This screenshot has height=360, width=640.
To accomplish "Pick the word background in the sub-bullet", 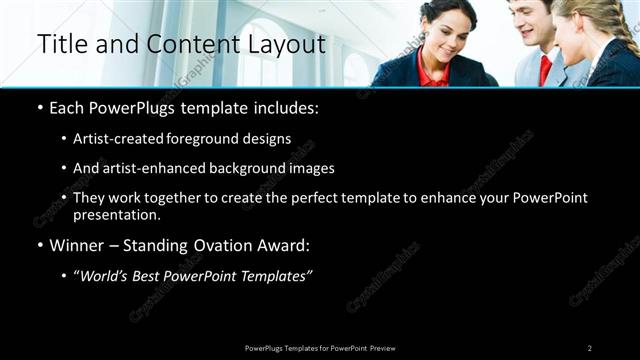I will (239, 169).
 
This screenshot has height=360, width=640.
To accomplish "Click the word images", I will (308, 169).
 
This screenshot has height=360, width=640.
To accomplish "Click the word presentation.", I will (115, 215).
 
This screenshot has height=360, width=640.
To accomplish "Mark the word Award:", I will (288, 245).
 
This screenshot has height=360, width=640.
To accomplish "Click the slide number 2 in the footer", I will (589, 348).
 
